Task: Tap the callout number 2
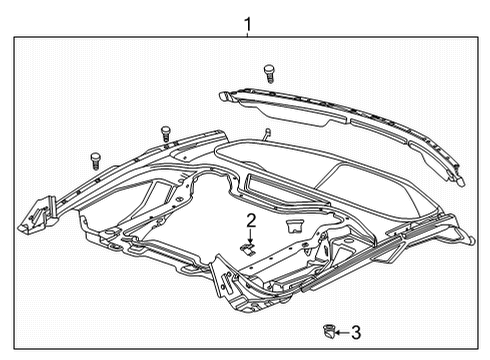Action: point(252,219)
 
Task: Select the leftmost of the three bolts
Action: point(95,158)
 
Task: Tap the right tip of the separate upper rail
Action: point(463,183)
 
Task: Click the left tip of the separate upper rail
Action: point(222,96)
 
